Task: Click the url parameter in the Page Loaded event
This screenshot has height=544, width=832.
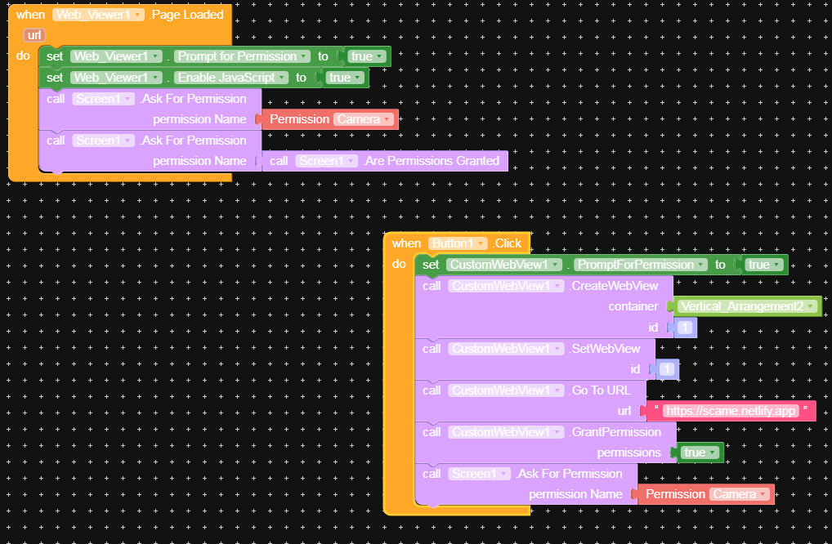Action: tap(34, 35)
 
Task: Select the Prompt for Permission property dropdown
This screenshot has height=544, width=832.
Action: tap(243, 56)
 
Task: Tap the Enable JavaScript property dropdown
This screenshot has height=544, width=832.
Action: tap(231, 78)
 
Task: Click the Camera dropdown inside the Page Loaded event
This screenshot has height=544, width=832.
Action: tap(364, 119)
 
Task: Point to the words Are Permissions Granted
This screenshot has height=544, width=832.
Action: tap(432, 161)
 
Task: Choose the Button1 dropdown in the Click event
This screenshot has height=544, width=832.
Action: tap(458, 243)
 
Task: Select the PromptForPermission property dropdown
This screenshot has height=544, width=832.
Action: tap(640, 265)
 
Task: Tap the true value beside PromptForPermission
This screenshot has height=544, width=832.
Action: tap(764, 265)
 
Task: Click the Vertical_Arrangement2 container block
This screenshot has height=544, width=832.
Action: tap(747, 306)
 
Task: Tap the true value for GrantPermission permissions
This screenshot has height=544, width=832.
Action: tap(700, 453)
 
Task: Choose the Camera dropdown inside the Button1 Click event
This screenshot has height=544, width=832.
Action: tap(740, 494)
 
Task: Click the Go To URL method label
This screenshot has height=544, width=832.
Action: tap(601, 390)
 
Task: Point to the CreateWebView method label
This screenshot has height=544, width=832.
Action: tap(614, 286)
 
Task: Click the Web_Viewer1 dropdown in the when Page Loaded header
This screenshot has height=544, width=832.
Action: tap(99, 15)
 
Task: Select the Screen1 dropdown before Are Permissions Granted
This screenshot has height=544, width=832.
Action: tap(326, 161)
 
